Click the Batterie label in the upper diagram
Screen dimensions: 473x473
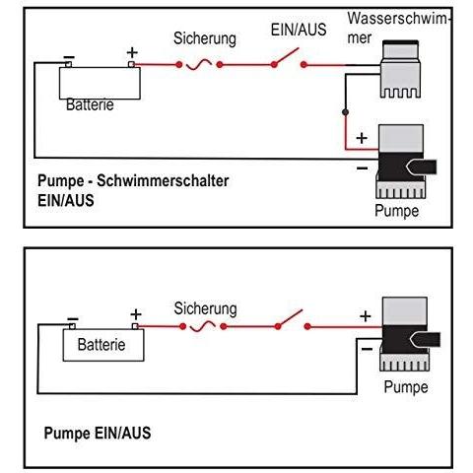[90, 104]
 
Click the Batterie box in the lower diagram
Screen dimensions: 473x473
[103, 345]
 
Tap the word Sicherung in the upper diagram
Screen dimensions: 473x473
[205, 38]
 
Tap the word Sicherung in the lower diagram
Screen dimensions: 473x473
[205, 309]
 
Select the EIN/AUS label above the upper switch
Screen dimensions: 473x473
[299, 30]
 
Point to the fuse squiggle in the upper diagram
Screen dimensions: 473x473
[199, 64]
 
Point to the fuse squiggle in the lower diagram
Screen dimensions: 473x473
[203, 326]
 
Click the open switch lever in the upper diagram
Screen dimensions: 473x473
[286, 56]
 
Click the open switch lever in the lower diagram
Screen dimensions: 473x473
[290, 318]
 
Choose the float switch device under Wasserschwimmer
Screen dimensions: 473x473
[400, 69]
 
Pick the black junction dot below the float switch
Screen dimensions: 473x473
[345, 112]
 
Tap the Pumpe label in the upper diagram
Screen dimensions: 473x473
[397, 211]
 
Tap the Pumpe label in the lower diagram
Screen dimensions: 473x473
[406, 387]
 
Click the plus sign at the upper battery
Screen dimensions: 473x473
[132, 53]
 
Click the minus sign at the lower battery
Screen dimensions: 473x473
[73, 319]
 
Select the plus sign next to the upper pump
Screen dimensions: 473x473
[362, 138]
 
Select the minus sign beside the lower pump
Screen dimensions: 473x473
[367, 349]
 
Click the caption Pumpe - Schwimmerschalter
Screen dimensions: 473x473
[133, 181]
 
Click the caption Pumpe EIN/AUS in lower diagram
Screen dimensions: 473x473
[98, 433]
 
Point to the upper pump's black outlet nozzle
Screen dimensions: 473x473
[422, 168]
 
